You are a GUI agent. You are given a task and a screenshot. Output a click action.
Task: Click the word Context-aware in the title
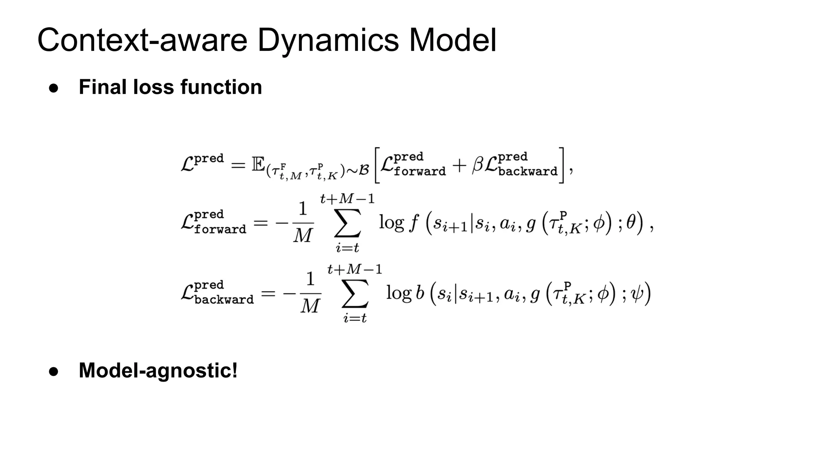pos(142,40)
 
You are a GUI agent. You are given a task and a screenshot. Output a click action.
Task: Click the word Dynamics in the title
pos(328,40)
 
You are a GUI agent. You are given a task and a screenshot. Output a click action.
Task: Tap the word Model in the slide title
pos(452,40)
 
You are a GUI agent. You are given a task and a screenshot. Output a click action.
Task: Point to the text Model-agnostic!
pos(158,370)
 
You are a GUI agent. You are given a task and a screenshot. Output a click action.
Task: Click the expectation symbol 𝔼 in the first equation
pos(258,164)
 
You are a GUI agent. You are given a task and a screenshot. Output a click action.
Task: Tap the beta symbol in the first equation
pos(477,165)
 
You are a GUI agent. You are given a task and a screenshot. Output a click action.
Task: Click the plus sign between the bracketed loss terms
pos(459,165)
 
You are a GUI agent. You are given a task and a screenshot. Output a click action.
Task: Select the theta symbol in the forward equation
pos(630,222)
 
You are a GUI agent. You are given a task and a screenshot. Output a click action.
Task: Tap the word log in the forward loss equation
pos(391,223)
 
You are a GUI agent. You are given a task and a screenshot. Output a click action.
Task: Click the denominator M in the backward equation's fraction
pos(310,306)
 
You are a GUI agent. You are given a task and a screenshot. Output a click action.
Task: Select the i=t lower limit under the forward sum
pos(347,247)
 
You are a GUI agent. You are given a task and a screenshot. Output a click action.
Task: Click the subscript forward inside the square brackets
pos(419,171)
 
